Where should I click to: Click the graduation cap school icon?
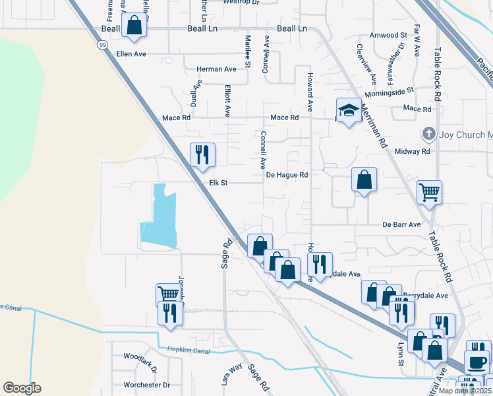[x=348, y=110]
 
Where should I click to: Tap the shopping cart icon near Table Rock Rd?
[x=429, y=192]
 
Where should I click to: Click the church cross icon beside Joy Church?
[x=428, y=134]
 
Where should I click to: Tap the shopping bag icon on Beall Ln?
[x=134, y=26]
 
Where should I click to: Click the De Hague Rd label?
[x=287, y=175]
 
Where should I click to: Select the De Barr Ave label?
[x=401, y=224]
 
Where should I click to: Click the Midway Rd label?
[x=412, y=151]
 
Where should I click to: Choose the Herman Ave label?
[x=216, y=69]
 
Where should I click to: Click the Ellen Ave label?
[x=130, y=53]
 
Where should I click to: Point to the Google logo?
[x=22, y=388]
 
